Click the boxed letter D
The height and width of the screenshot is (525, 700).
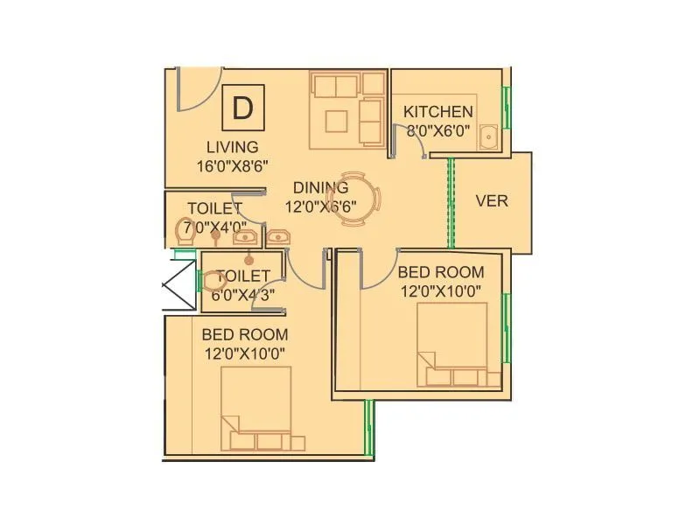click(x=242, y=108)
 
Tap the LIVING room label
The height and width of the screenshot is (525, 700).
click(x=232, y=147)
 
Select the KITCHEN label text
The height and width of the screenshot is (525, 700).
click(x=437, y=112)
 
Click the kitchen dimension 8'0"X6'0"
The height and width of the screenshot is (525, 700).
click(x=437, y=132)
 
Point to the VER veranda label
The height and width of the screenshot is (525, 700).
click(x=491, y=200)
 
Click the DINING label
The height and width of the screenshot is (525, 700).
click(x=320, y=187)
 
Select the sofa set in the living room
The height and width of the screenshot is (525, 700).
click(x=347, y=109)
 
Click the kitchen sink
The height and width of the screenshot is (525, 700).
click(x=487, y=137)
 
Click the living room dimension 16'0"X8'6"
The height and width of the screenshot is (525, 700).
click(x=232, y=165)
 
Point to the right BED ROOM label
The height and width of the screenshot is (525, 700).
click(x=441, y=272)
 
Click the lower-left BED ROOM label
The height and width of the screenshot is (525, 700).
click(x=244, y=334)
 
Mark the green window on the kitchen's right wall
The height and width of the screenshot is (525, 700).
click(x=505, y=108)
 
